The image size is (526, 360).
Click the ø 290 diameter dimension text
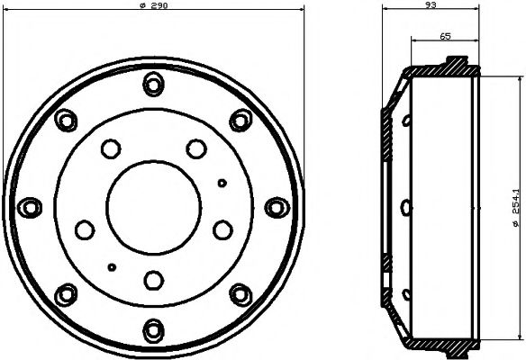(x=153, y=5)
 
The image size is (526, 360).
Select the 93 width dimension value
(x=431, y=4)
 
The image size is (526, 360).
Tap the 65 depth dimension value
(x=445, y=36)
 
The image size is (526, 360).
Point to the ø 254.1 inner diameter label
(x=515, y=208)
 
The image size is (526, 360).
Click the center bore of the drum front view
(x=154, y=208)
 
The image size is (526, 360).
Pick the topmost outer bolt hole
(x=154, y=84)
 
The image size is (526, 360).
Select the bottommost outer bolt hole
(x=154, y=331)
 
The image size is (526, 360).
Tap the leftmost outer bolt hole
(x=30, y=208)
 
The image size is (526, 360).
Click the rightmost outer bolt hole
(x=277, y=208)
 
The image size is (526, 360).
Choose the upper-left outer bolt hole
(x=66, y=121)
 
